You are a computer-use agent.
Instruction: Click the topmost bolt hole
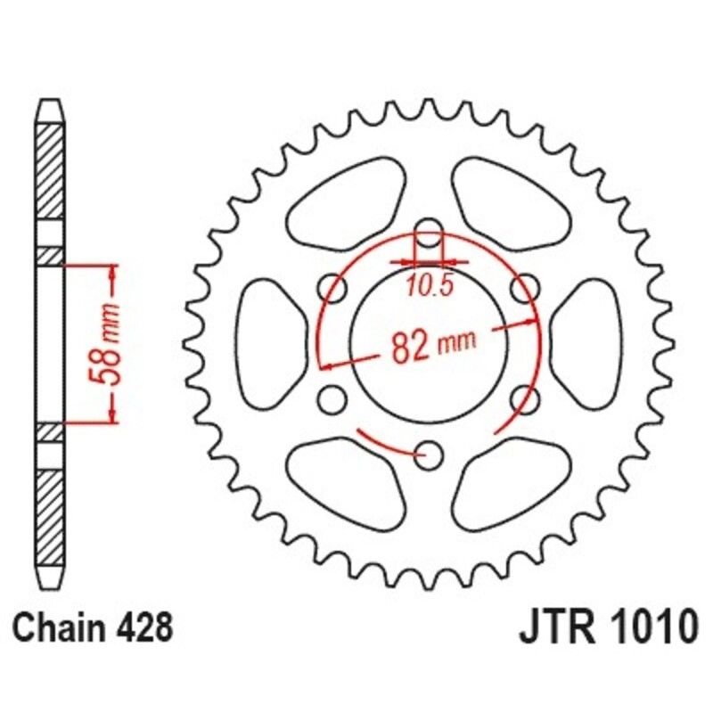(x=430, y=228)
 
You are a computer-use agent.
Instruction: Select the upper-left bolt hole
(x=332, y=287)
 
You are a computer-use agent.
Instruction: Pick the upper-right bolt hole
(x=528, y=287)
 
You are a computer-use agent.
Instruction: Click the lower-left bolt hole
(x=332, y=399)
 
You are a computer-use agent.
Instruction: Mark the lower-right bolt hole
(x=528, y=399)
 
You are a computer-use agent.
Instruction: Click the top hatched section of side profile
(x=51, y=169)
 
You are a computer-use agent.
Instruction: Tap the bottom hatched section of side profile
(x=51, y=512)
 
